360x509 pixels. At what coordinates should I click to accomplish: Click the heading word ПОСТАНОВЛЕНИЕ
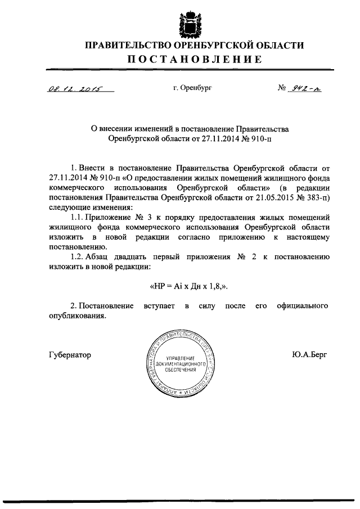click(193, 60)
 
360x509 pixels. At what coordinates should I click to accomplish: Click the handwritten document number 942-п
click(304, 88)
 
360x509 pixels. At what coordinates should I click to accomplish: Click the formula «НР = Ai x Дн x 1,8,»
click(189, 286)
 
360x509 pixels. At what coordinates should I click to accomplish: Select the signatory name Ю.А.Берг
click(309, 355)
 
